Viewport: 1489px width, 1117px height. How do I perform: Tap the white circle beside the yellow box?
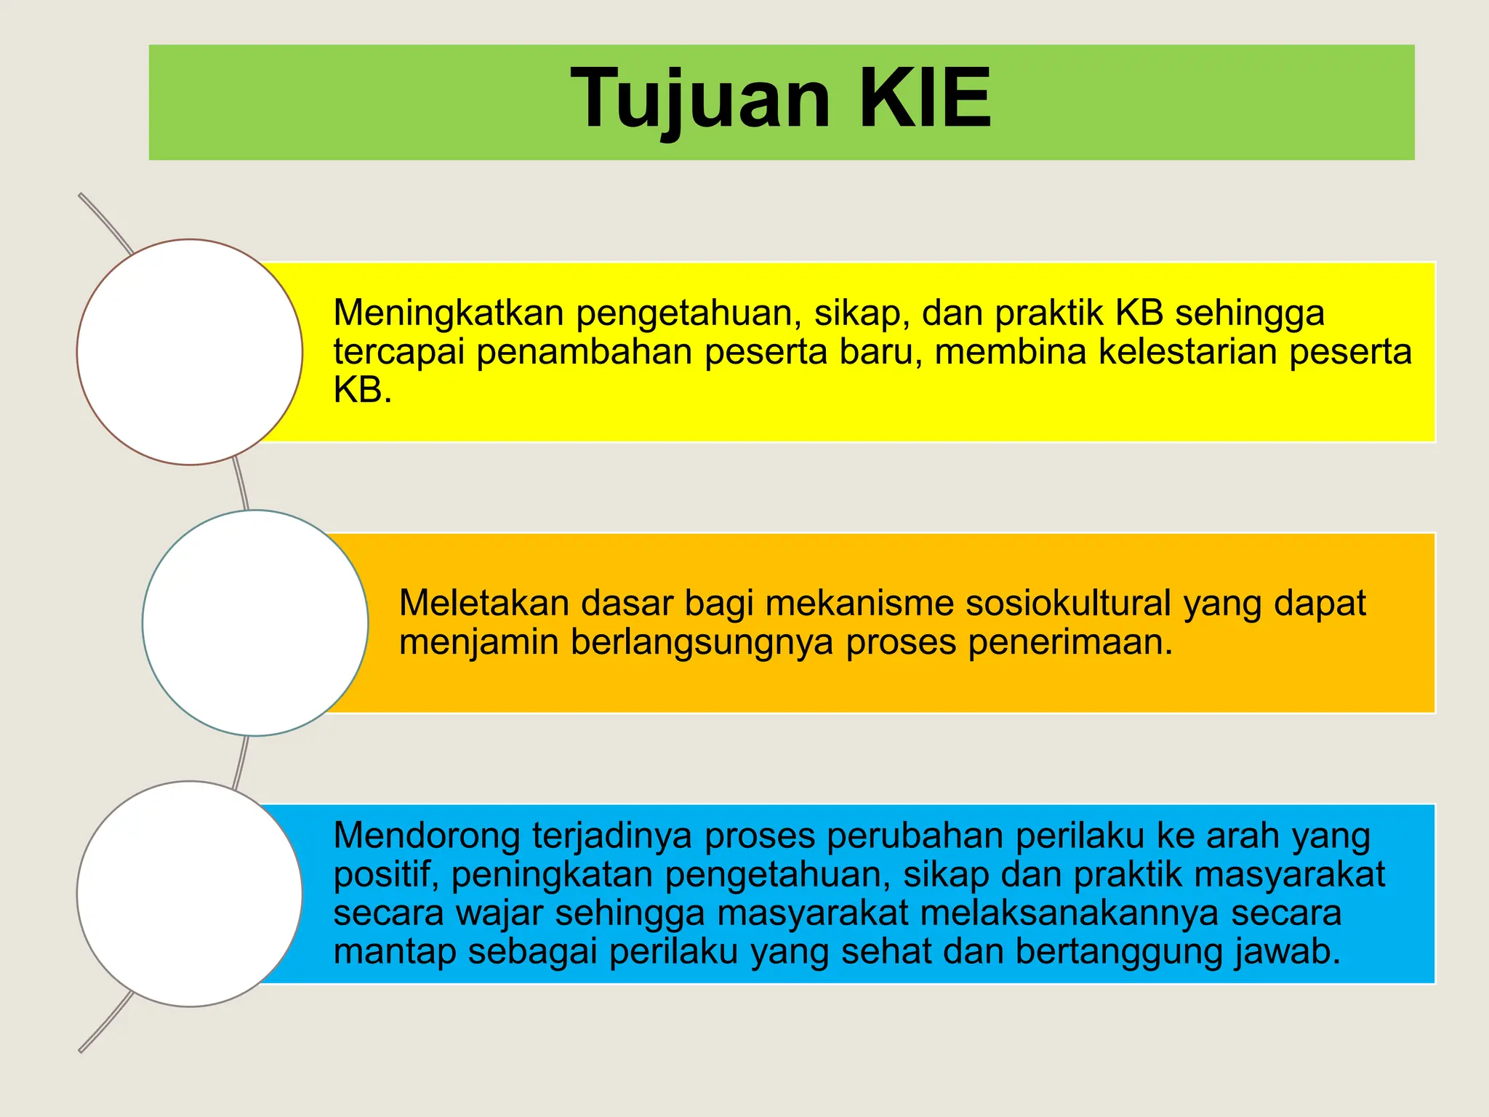(x=190, y=352)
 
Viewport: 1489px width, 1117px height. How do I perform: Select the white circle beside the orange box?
(x=255, y=623)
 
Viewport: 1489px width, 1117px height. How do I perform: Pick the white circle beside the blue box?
(x=190, y=894)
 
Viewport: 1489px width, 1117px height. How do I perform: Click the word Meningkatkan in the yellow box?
(x=449, y=313)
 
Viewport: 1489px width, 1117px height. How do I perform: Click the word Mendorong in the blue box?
(x=427, y=836)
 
